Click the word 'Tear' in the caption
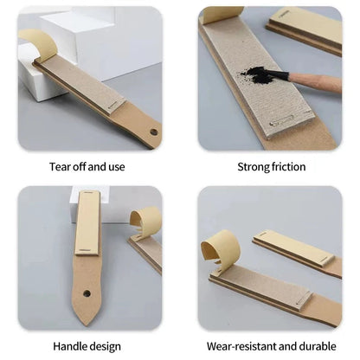pyautogui.click(x=60, y=167)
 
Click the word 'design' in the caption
pyautogui.click(x=105, y=347)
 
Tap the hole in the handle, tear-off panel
pyautogui.click(x=154, y=132)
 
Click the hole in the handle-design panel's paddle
pyautogui.click(x=87, y=293)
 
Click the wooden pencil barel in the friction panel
pyautogui.click(x=315, y=82)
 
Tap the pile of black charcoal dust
pyautogui.click(x=258, y=74)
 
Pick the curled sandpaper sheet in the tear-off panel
pyautogui.click(x=40, y=44)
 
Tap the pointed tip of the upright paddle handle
pyautogui.click(x=87, y=325)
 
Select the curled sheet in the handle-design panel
pyautogui.click(x=146, y=222)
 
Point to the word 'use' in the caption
pyautogui.click(x=117, y=167)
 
